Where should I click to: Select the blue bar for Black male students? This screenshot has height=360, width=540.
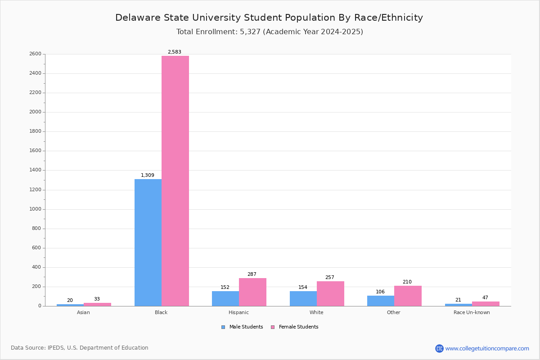pos(148,243)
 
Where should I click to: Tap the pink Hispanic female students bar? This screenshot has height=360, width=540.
pos(252,292)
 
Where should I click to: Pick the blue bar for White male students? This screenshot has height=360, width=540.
pos(303,298)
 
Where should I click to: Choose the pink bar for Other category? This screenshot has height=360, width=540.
pos(408,296)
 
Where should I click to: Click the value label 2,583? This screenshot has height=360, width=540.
pos(175,52)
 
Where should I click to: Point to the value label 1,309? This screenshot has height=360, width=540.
pos(148,175)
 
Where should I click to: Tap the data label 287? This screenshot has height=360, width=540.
pos(252,274)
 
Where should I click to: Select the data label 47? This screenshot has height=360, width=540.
pos(485,298)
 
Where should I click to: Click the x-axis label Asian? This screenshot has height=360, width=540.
pos(83,313)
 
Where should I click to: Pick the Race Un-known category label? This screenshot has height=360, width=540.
pos(472,313)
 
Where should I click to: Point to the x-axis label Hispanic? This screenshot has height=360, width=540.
pos(238,313)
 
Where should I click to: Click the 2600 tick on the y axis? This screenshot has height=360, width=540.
pos(36,54)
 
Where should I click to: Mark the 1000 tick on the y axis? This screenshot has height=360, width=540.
pos(36,209)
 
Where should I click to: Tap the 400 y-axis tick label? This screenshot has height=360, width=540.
pos(37,267)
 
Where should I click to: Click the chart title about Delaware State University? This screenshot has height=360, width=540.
pos(269,18)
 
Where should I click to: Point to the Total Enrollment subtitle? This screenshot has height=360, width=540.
pos(270,32)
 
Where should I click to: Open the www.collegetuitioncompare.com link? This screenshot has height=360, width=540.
pos(487,348)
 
